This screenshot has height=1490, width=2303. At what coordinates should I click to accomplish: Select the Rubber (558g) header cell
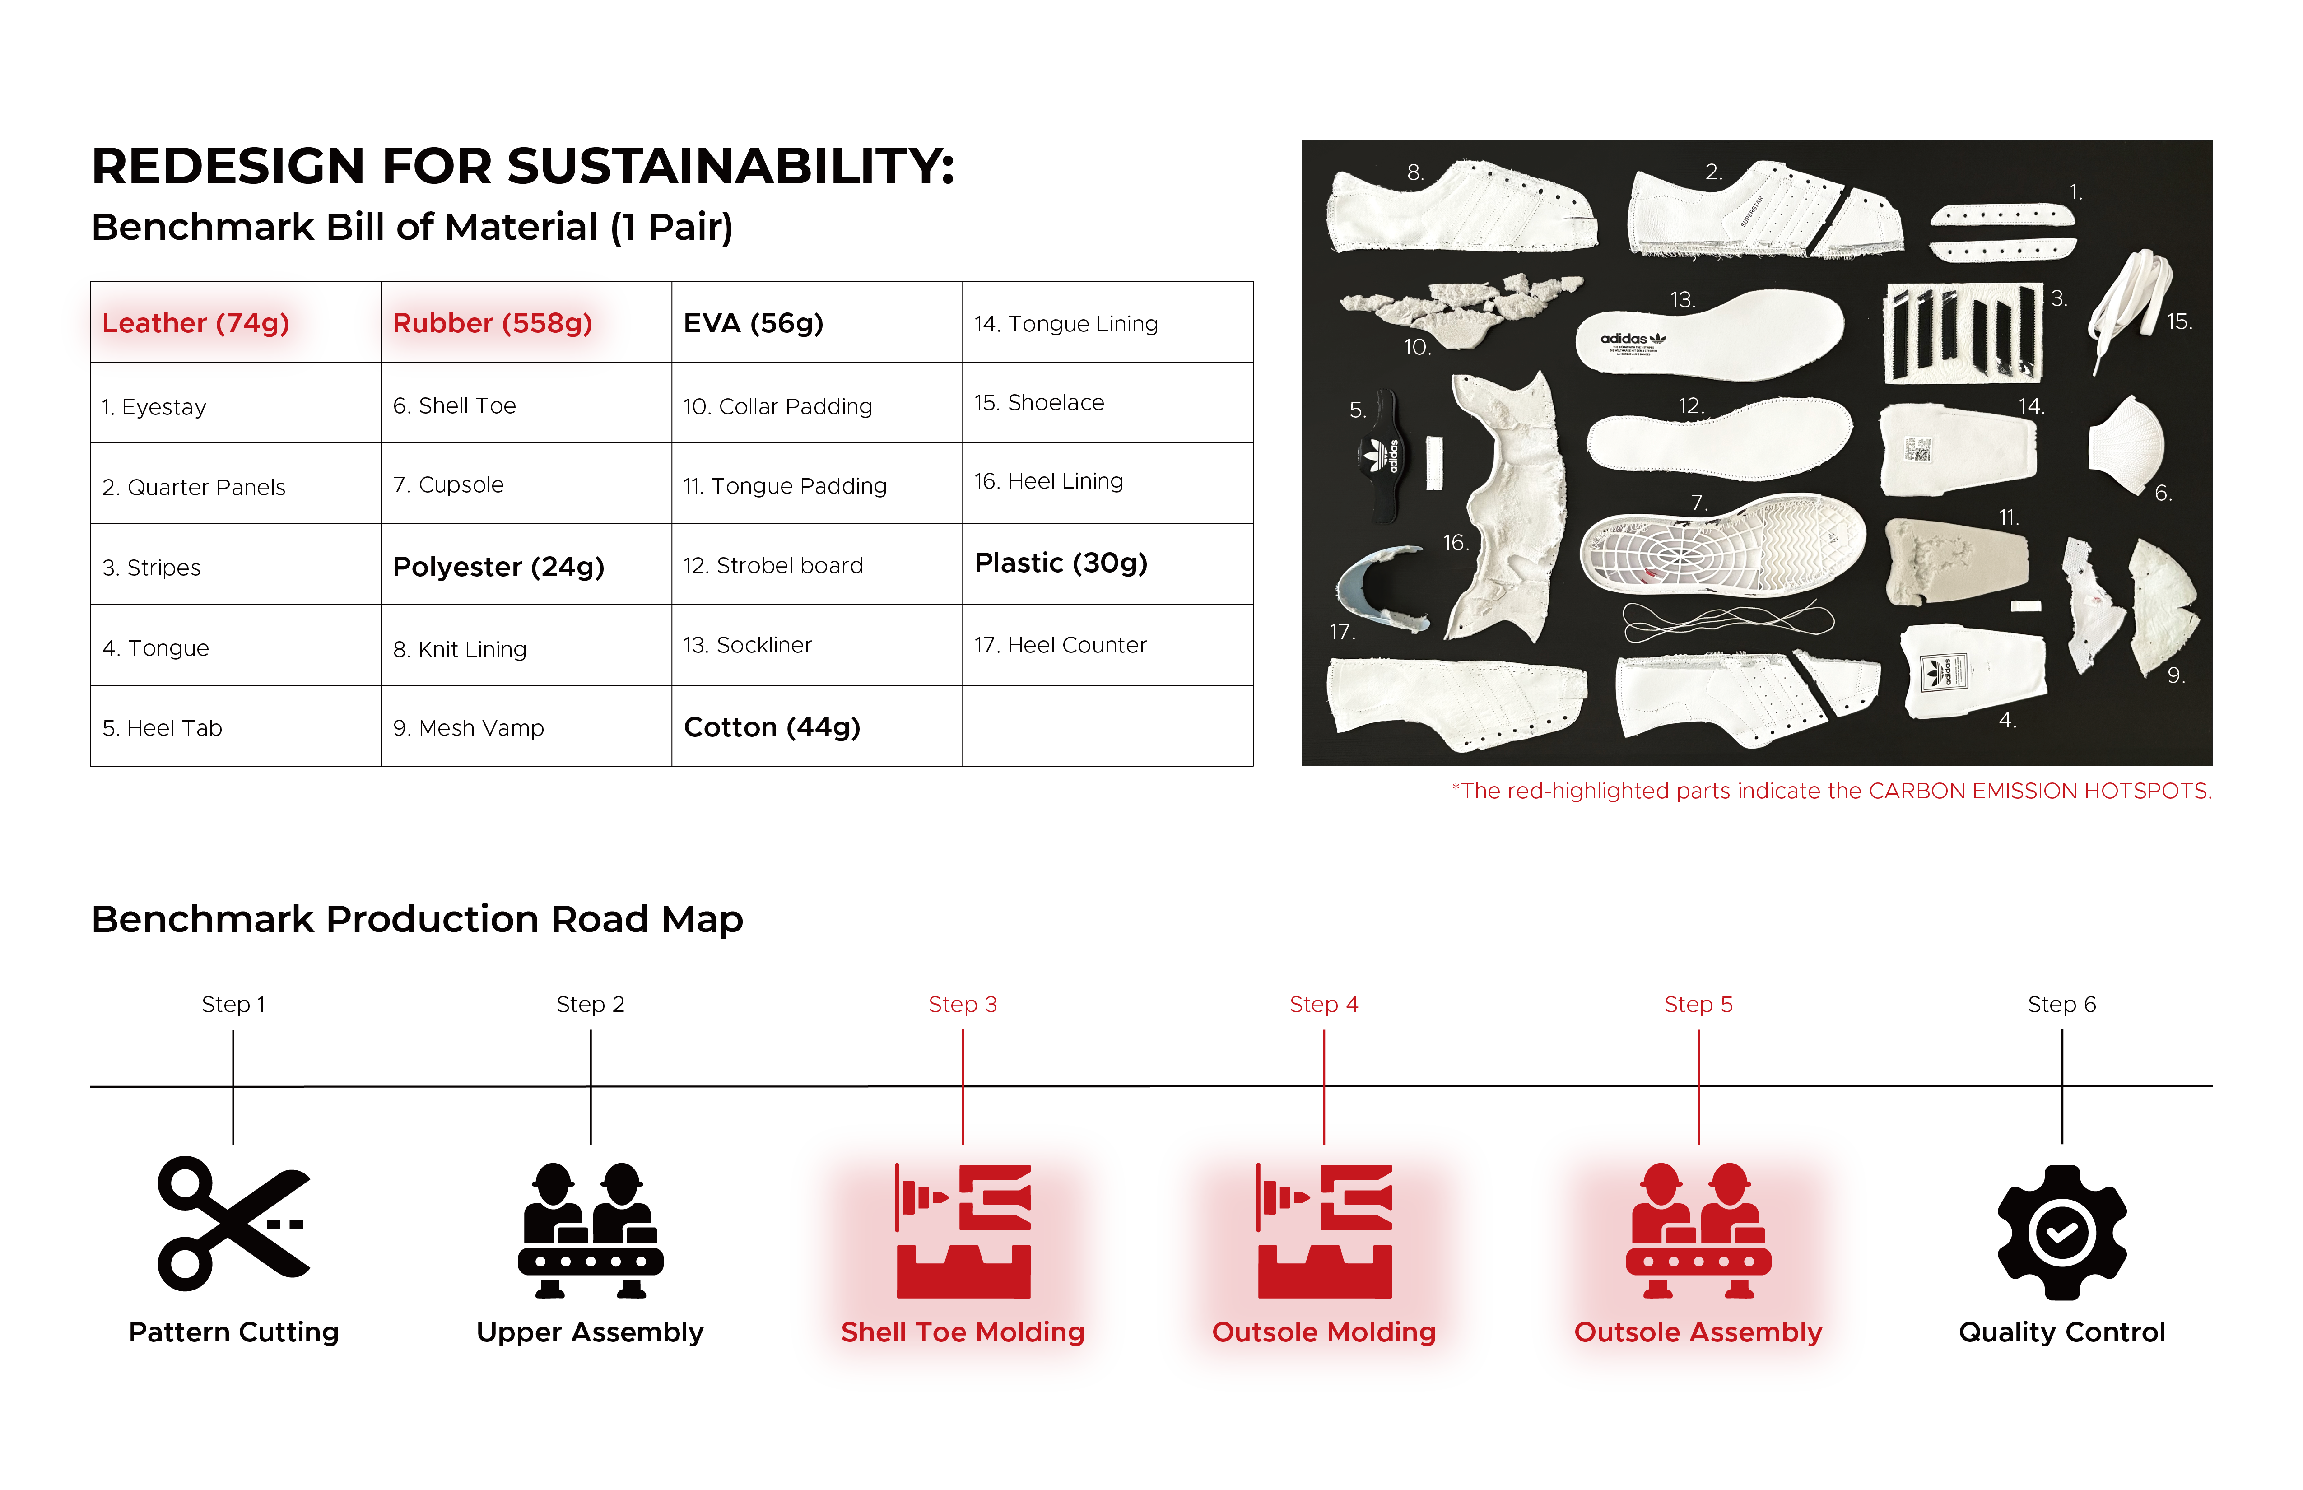tap(492, 323)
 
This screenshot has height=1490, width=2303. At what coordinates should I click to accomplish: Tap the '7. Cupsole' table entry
tap(448, 485)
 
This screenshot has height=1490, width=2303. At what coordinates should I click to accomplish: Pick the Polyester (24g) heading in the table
tap(498, 567)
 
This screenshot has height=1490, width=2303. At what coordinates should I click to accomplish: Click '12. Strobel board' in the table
tap(773, 566)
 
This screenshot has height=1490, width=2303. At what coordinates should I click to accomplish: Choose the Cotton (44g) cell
tap(772, 727)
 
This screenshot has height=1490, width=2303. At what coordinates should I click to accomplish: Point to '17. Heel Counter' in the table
tap(1060, 645)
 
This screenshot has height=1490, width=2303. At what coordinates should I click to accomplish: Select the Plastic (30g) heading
tap(1061, 563)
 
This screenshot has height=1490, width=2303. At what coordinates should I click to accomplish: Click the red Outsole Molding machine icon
tap(1324, 1231)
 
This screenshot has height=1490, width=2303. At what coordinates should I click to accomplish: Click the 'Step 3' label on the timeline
tap(963, 1004)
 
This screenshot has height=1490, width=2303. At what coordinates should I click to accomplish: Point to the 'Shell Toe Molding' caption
tap(963, 1332)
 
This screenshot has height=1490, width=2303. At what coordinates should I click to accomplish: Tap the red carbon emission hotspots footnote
tap(1831, 792)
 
